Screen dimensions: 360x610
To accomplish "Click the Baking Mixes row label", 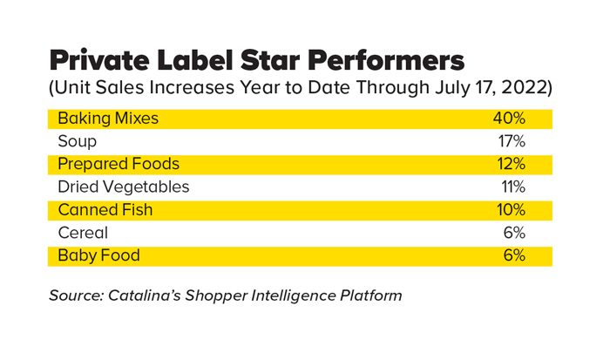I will [108, 119].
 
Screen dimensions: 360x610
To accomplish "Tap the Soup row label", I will [77, 141].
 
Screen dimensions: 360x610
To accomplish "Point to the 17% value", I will [510, 141].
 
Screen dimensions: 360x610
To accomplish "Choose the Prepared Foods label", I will [119, 164].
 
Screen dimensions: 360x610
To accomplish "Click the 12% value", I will [510, 164].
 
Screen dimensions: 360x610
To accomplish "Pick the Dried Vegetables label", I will [123, 187].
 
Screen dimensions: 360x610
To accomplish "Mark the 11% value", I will [512, 187].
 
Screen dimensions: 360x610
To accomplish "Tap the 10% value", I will [510, 210].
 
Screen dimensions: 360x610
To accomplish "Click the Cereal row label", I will [83, 233].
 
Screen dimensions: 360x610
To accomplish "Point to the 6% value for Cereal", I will [513, 233].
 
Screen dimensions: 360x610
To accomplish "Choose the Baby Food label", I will [98, 255].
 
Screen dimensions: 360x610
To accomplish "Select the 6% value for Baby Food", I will [513, 255].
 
